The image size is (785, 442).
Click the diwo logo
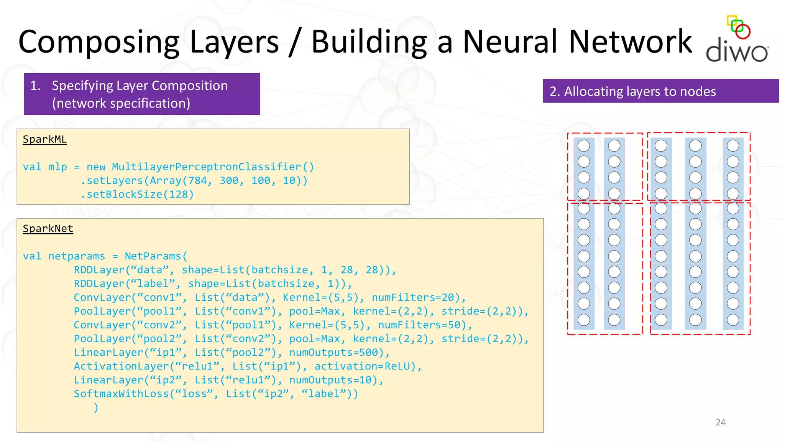pyautogui.click(x=737, y=40)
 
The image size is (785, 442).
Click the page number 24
pyautogui.click(x=720, y=422)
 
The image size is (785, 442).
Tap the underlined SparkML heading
pyautogui.click(x=44, y=139)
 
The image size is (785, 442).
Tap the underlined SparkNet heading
pyautogui.click(x=48, y=229)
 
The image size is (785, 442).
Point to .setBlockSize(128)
pyautogui.click(x=137, y=195)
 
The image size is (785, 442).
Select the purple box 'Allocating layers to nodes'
pyautogui.click(x=660, y=91)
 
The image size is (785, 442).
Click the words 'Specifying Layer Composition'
pyautogui.click(x=140, y=86)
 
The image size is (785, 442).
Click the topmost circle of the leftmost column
pyautogui.click(x=584, y=146)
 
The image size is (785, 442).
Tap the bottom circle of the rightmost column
pyautogui.click(x=733, y=320)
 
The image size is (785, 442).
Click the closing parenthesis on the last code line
pyautogui.click(x=96, y=408)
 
